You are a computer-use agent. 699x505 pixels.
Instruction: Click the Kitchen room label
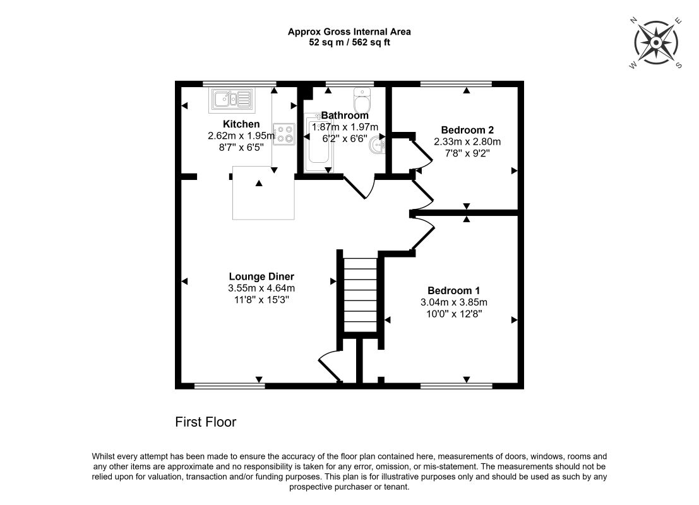click(241, 124)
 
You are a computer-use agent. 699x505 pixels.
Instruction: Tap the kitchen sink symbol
click(232, 99)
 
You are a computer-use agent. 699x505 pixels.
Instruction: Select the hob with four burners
click(284, 134)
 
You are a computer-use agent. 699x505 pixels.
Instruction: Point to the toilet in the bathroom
click(362, 100)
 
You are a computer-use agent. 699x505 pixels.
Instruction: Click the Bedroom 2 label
click(467, 130)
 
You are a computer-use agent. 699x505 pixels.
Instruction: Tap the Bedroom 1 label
click(454, 290)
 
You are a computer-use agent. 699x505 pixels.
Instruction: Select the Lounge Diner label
click(261, 276)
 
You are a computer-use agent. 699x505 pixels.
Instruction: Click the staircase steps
click(360, 295)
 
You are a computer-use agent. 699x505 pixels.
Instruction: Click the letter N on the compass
click(633, 20)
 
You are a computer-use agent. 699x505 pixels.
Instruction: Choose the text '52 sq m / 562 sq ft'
click(350, 43)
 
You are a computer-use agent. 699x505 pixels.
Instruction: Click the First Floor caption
click(205, 422)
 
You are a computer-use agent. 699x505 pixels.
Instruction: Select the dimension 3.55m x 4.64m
click(261, 288)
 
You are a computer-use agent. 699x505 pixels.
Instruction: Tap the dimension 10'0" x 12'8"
click(454, 314)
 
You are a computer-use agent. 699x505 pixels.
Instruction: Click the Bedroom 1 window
click(457, 386)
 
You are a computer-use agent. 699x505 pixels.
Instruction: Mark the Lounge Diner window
click(230, 386)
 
